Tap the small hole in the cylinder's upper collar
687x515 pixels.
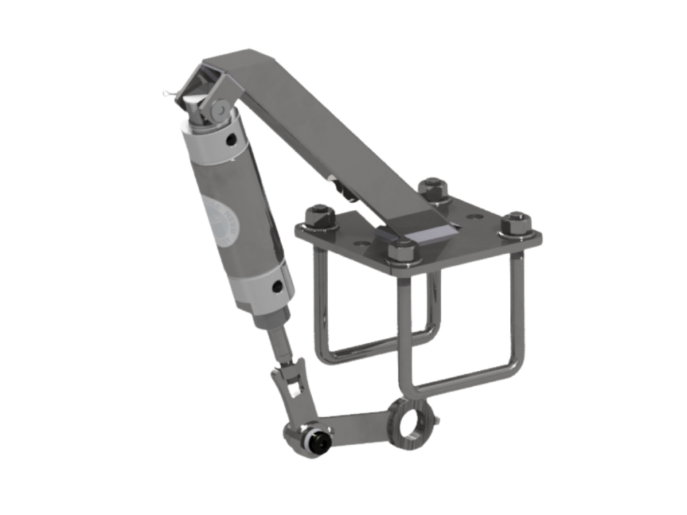231,139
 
